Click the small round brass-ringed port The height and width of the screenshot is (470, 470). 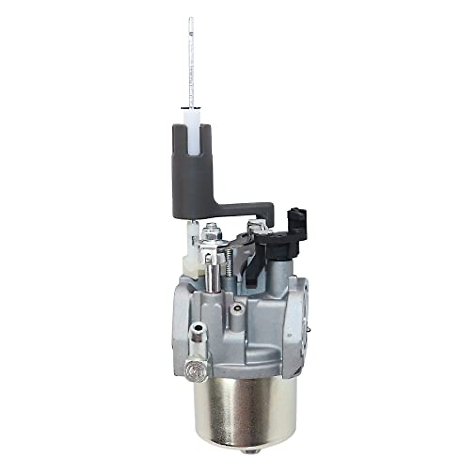pyautogui.click(x=236, y=309)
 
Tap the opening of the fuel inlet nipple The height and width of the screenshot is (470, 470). pyautogui.click(x=200, y=316)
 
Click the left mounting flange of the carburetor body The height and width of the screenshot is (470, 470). pyautogui.click(x=178, y=313)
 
